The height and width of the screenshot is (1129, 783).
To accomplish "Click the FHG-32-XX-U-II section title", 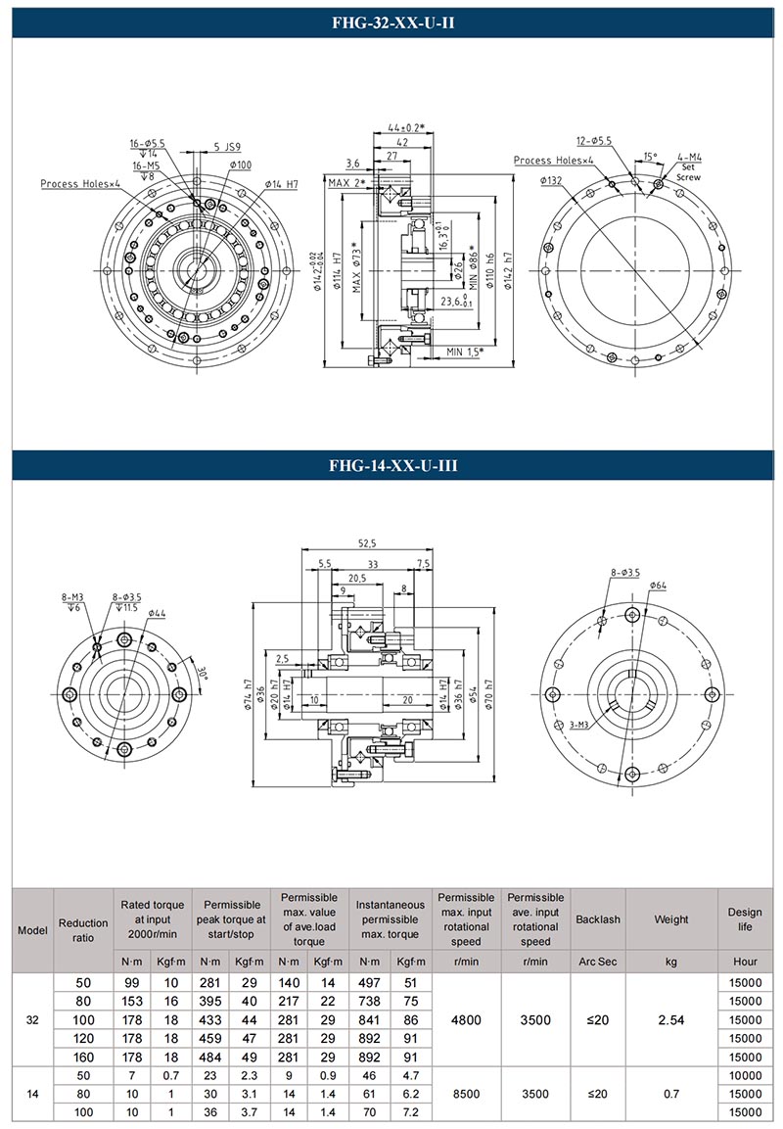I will coord(391,24).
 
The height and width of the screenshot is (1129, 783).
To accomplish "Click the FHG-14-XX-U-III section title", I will coord(391,466).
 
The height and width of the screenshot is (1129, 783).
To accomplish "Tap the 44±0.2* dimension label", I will coord(405,128).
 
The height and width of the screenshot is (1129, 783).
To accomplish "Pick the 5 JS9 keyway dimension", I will coord(227,149).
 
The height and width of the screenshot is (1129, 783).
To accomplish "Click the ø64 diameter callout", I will coord(658,585).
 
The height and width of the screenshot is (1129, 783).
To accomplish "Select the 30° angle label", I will coord(202,674).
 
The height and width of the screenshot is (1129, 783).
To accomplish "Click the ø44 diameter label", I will coord(159,613).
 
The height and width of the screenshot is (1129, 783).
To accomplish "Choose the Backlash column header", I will coord(598,919).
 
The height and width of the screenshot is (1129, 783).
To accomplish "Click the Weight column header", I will coord(671,919).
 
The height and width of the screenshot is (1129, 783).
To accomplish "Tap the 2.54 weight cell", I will coord(671,1019).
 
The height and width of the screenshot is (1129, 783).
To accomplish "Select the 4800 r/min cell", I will coord(466,1019).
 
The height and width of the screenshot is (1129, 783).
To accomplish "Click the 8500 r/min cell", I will coord(466,1094).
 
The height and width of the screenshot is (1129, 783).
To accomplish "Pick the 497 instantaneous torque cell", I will coord(367,982).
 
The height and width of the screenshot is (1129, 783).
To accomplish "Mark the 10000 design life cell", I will coord(745,1075).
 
